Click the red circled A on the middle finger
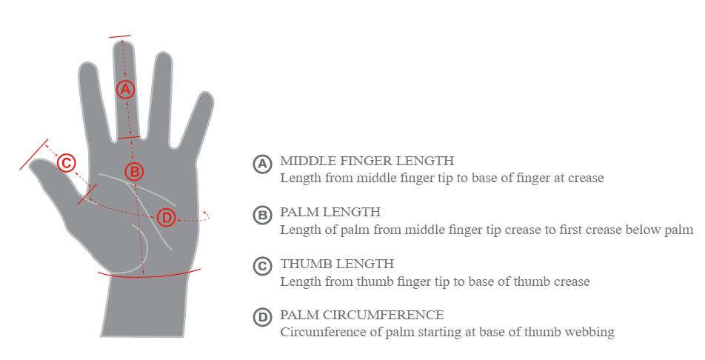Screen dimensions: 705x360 tap(125, 89)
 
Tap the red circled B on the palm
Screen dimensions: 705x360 tap(134, 171)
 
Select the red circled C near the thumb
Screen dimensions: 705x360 tap(66, 162)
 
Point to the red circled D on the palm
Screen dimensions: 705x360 tap(167, 218)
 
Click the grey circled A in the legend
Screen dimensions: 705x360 tap(263, 164)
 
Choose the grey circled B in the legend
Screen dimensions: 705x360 tap(263, 215)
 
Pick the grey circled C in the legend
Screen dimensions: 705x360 tap(263, 267)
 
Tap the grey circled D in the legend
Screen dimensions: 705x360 tap(263, 318)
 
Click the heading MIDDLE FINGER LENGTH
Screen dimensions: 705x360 tap(367, 161)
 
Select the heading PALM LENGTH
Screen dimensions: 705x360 tap(330, 212)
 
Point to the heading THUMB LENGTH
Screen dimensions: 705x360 tap(337, 264)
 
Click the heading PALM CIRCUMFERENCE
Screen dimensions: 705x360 tap(362, 315)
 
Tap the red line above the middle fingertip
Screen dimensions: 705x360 tap(120, 36)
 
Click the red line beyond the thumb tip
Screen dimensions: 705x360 tap(34, 155)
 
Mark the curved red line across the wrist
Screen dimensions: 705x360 tap(150, 275)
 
